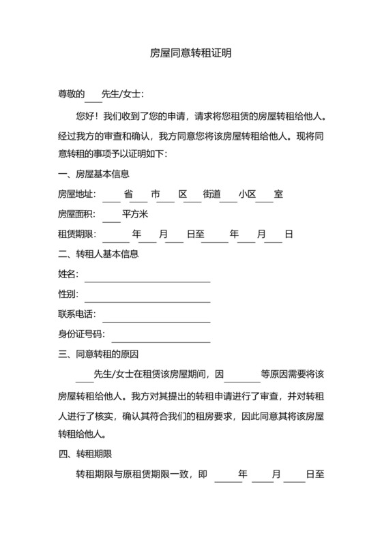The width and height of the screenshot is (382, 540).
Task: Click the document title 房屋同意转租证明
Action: coord(190,52)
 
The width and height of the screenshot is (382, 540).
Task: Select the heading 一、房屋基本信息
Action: coord(93,174)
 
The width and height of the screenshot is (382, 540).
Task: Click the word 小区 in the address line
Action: coord(246,194)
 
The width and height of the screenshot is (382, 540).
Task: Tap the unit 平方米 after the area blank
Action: coord(135,214)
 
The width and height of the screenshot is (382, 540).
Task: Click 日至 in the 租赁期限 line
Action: coord(195,234)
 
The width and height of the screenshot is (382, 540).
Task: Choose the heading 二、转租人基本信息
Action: coord(98,254)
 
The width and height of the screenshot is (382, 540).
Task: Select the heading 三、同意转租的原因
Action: coord(98,354)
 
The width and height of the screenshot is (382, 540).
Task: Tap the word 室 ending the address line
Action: coord(278,194)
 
